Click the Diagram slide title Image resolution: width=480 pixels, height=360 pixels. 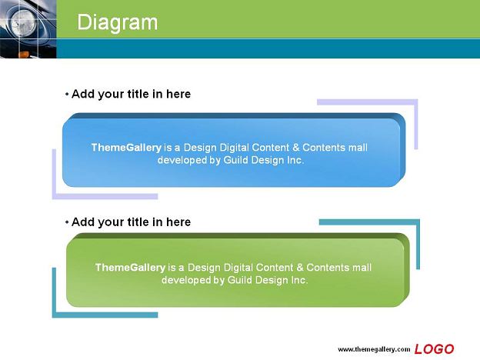tap(117, 23)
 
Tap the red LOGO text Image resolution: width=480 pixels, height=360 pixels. tap(434, 349)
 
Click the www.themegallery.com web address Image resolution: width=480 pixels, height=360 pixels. tap(374, 349)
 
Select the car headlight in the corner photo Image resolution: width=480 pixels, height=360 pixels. tap(24, 23)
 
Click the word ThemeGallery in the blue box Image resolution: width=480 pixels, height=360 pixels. tap(126, 148)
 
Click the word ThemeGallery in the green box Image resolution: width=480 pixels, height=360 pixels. tap(130, 268)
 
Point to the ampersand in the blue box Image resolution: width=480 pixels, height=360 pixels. tap(295, 148)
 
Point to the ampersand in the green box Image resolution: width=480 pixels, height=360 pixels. tap(300, 268)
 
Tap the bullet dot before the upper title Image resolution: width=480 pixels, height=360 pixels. tap(67, 95)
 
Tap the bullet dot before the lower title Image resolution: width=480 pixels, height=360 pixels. tap(67, 222)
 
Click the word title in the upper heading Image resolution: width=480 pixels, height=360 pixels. tap(138, 94)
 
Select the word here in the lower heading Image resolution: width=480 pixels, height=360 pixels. tap(178, 222)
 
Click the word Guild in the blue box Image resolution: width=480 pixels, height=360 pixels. tap(235, 160)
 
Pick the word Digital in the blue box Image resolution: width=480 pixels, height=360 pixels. tap(237, 148)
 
